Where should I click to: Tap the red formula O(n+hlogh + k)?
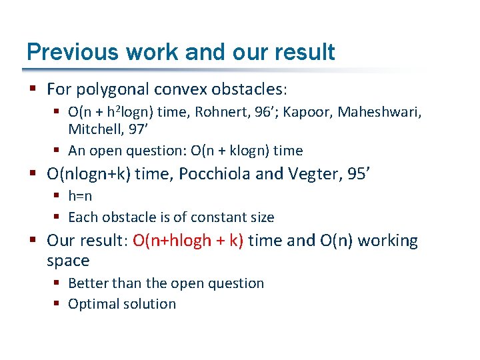(188, 241)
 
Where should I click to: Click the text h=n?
(80, 196)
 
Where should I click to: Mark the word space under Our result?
(68, 260)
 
